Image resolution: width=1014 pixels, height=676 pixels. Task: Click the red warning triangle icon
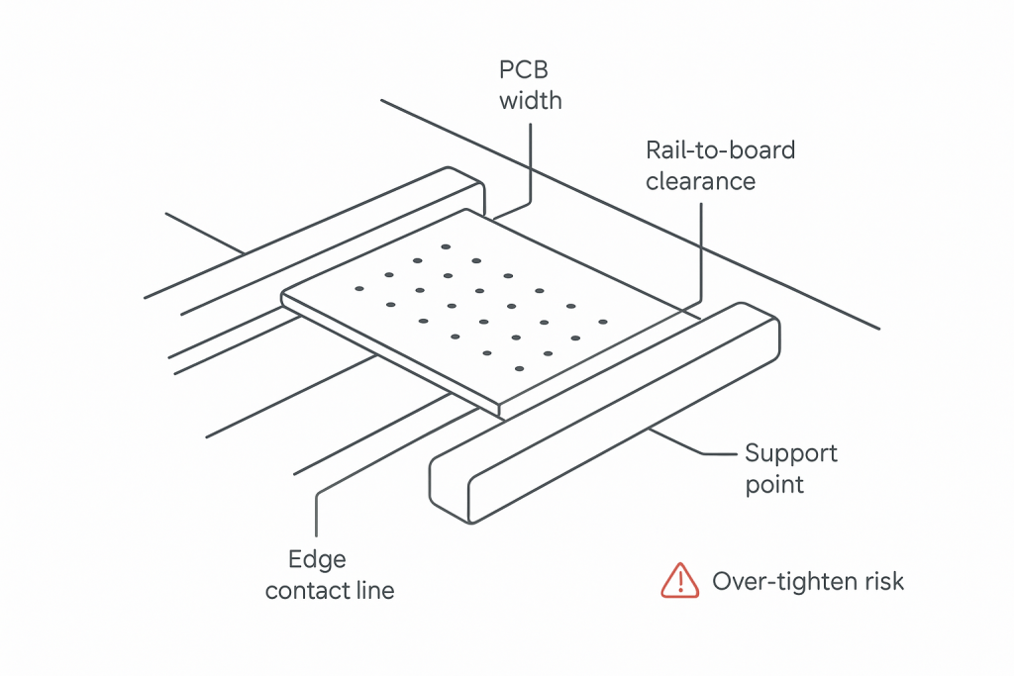pos(680,580)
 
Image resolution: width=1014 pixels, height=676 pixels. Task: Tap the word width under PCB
pos(530,100)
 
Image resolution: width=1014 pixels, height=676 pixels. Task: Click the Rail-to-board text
pos(720,150)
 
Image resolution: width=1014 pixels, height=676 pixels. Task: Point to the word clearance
pos(700,181)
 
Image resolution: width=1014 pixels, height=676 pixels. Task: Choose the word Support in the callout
pos(790,453)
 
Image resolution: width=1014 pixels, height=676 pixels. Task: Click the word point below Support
pos(774,485)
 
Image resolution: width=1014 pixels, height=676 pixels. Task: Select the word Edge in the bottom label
pos(317,560)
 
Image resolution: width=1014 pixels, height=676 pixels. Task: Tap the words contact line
pos(330,591)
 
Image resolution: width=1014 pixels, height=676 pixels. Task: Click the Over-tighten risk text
pos(808,581)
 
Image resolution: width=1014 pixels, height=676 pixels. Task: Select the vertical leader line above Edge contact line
pos(316,515)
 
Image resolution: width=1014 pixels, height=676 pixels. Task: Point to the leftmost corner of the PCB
pos(283,296)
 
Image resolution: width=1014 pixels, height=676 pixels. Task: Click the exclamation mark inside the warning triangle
pos(680,582)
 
